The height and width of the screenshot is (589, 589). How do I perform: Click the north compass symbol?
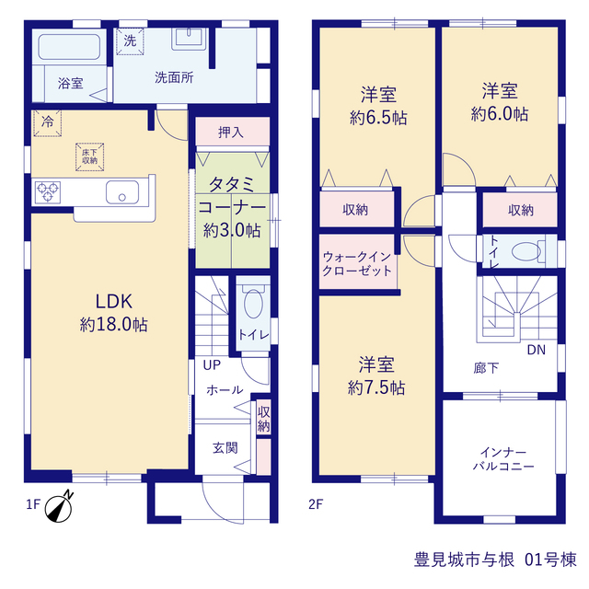click(59, 507)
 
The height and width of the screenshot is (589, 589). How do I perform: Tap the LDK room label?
click(114, 301)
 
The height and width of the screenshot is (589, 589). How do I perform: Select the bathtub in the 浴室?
click(69, 47)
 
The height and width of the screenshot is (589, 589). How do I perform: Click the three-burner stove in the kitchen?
click(48, 192)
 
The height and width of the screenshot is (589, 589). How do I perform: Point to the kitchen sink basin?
click(122, 192)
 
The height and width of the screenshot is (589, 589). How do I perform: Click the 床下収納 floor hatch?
click(90, 157)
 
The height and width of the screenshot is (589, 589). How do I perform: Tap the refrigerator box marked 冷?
click(47, 122)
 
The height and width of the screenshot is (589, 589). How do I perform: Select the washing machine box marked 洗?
click(130, 40)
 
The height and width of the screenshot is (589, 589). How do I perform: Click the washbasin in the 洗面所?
click(189, 39)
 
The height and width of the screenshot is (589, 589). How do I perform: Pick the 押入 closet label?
click(231, 133)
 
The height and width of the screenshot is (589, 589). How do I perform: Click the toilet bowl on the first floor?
click(253, 302)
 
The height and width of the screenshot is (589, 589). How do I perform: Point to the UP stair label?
click(212, 364)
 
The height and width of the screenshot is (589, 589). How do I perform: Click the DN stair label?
click(536, 350)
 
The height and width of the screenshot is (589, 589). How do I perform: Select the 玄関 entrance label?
click(225, 448)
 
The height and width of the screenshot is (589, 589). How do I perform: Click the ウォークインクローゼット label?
click(357, 264)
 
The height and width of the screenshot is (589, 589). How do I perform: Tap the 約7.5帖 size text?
click(376, 387)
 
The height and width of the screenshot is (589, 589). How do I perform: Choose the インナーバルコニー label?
click(503, 459)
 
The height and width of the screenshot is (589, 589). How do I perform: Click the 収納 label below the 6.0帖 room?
click(521, 211)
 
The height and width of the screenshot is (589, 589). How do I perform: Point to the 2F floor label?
click(316, 504)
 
